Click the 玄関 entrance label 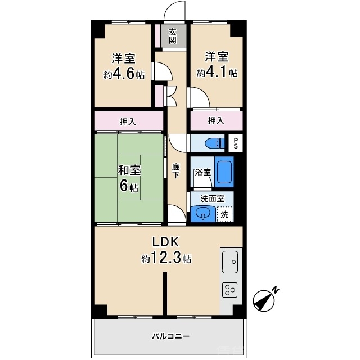pos(173,37)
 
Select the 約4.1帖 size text pos(217,73)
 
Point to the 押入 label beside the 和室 pos(128,121)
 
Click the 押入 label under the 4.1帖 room pos(216,120)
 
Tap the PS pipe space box pos(236,143)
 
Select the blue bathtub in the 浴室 pos(224,172)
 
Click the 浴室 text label pos(202,173)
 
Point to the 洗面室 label pos(213,198)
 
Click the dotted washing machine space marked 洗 pos(225,214)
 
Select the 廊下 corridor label pos(176,170)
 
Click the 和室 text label pos(129,170)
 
